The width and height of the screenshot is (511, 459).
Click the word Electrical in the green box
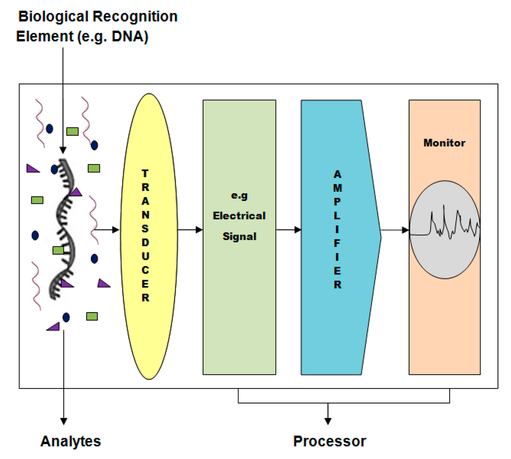240,216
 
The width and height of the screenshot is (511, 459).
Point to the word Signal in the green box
240,236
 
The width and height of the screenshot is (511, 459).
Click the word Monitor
444,143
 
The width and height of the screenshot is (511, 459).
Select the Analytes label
71,442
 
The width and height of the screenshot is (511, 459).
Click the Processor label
329,442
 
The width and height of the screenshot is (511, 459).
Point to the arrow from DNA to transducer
107,230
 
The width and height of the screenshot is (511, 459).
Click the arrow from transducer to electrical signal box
190,230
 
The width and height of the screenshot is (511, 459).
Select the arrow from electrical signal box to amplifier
288,230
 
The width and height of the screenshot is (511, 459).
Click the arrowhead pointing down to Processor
328,420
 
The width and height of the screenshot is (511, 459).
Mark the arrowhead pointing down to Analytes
64,420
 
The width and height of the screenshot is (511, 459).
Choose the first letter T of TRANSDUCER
145,173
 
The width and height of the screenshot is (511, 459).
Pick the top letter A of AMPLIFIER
337,173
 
